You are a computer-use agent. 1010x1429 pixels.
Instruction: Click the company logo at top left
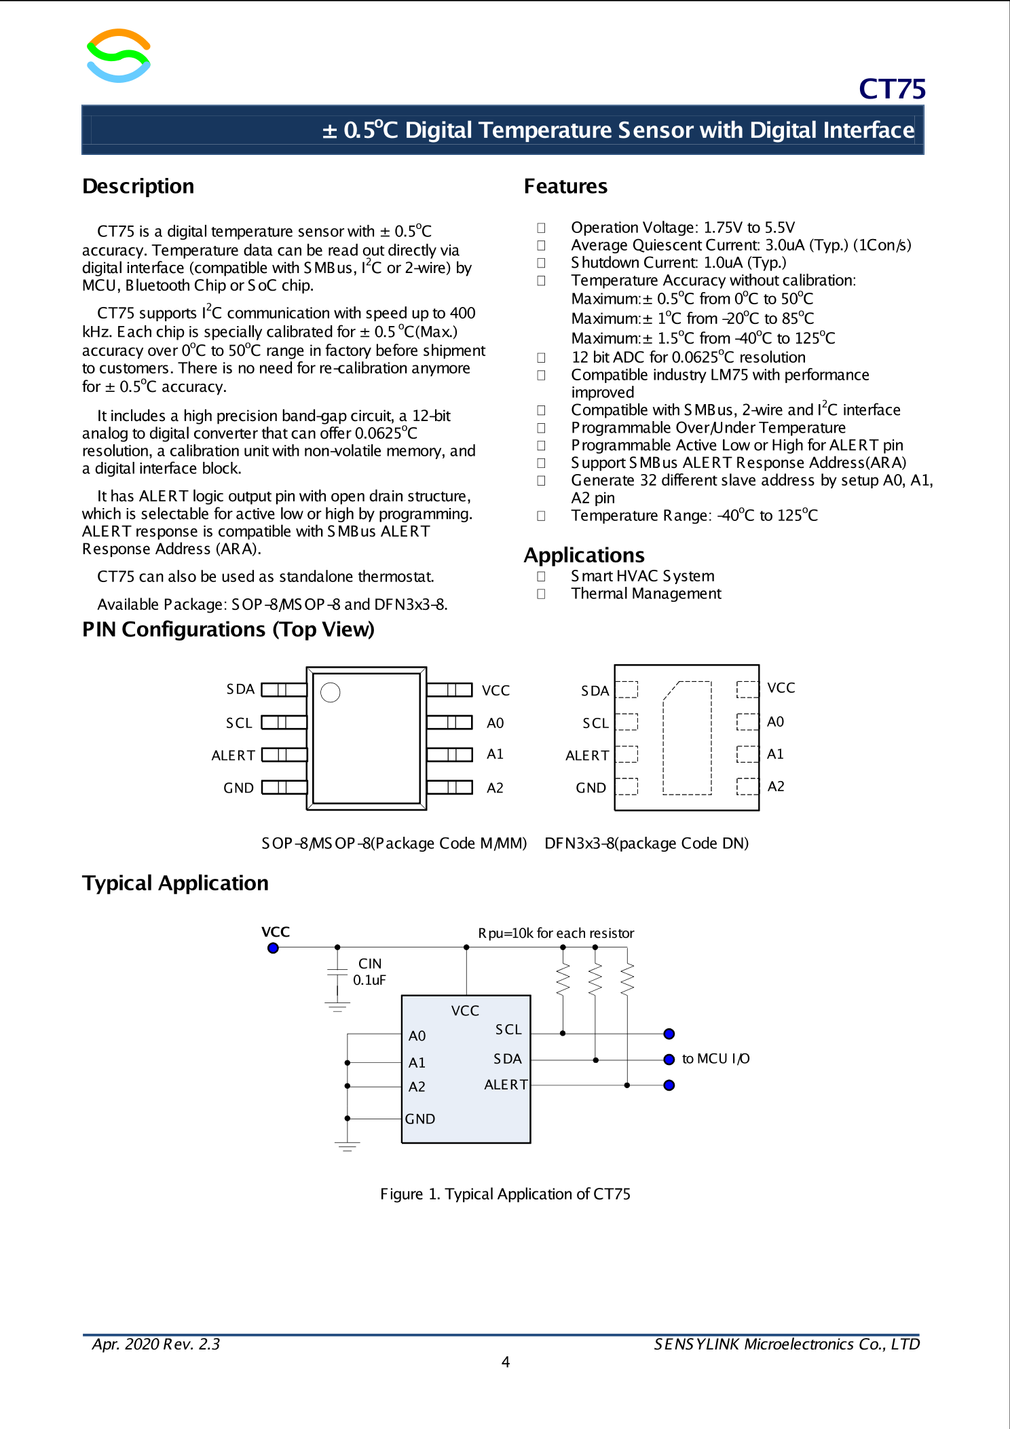(x=119, y=56)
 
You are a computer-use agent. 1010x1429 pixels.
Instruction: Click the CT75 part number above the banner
(x=891, y=89)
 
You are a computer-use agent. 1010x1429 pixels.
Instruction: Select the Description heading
(x=138, y=186)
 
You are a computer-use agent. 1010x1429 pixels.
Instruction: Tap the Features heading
(x=565, y=186)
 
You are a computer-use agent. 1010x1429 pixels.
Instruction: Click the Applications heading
(x=584, y=555)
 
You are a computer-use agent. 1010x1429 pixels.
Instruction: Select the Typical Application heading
(x=175, y=883)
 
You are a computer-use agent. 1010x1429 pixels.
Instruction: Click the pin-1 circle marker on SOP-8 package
(x=331, y=692)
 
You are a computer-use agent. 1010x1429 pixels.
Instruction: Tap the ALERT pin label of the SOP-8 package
(x=233, y=755)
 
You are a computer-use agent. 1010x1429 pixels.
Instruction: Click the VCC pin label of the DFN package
(x=781, y=688)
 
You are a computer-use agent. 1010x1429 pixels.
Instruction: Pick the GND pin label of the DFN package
(x=591, y=788)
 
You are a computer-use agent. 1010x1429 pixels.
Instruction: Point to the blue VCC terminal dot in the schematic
(x=273, y=948)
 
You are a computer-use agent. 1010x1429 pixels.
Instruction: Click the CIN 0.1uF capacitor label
(x=369, y=972)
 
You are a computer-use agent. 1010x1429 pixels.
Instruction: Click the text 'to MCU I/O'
(x=715, y=1059)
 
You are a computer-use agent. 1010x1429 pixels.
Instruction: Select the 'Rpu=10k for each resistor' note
(x=556, y=933)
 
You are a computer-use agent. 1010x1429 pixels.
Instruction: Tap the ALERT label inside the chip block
(x=506, y=1085)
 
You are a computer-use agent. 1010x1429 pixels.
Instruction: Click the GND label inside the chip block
(x=420, y=1119)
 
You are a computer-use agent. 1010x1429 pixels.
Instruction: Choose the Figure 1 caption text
(x=505, y=1194)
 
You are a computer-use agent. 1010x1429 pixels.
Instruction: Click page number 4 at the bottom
(x=506, y=1362)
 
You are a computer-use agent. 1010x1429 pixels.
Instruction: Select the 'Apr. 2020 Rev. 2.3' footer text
(x=156, y=1344)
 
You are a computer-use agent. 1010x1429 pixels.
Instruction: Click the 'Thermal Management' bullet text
(x=646, y=594)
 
